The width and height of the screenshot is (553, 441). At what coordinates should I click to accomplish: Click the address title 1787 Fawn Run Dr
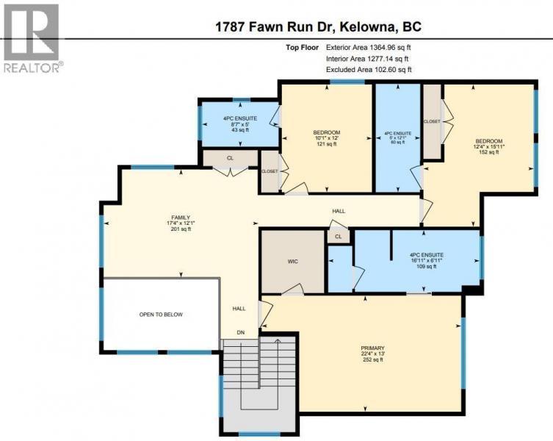(x=274, y=27)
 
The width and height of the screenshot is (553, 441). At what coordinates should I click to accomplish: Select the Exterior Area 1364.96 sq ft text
(x=369, y=47)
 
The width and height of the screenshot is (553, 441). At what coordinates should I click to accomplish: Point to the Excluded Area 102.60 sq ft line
(x=369, y=70)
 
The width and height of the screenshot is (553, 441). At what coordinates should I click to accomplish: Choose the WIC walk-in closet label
(x=293, y=262)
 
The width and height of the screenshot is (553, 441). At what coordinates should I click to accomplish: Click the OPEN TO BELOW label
(x=161, y=315)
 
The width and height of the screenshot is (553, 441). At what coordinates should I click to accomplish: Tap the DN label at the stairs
(x=241, y=333)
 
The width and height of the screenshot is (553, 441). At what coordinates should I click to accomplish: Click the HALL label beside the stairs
(x=239, y=309)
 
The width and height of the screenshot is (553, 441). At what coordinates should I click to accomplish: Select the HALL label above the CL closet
(x=339, y=211)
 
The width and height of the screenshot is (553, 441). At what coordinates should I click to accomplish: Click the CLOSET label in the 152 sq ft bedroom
(x=432, y=121)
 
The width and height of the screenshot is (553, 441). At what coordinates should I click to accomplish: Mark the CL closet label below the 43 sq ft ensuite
(x=230, y=158)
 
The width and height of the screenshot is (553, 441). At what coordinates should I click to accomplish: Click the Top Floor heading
(x=302, y=47)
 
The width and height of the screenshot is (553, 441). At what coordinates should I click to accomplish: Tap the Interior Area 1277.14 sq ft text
(x=367, y=59)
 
